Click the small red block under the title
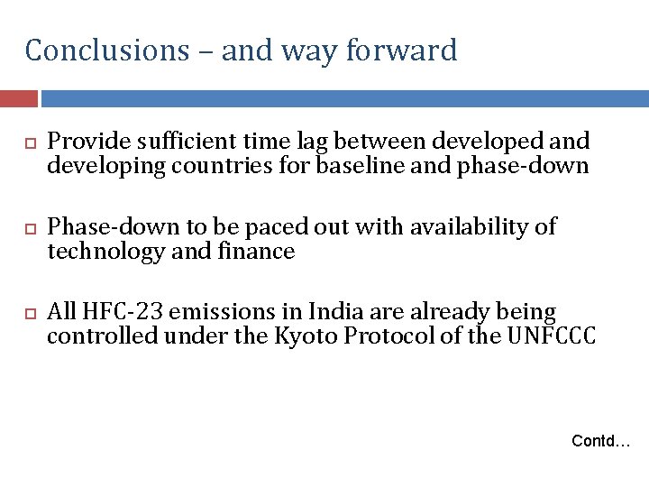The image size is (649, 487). (x=18, y=97)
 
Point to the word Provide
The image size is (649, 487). (x=87, y=142)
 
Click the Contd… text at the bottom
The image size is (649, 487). (x=601, y=441)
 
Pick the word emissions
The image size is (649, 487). (x=225, y=312)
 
